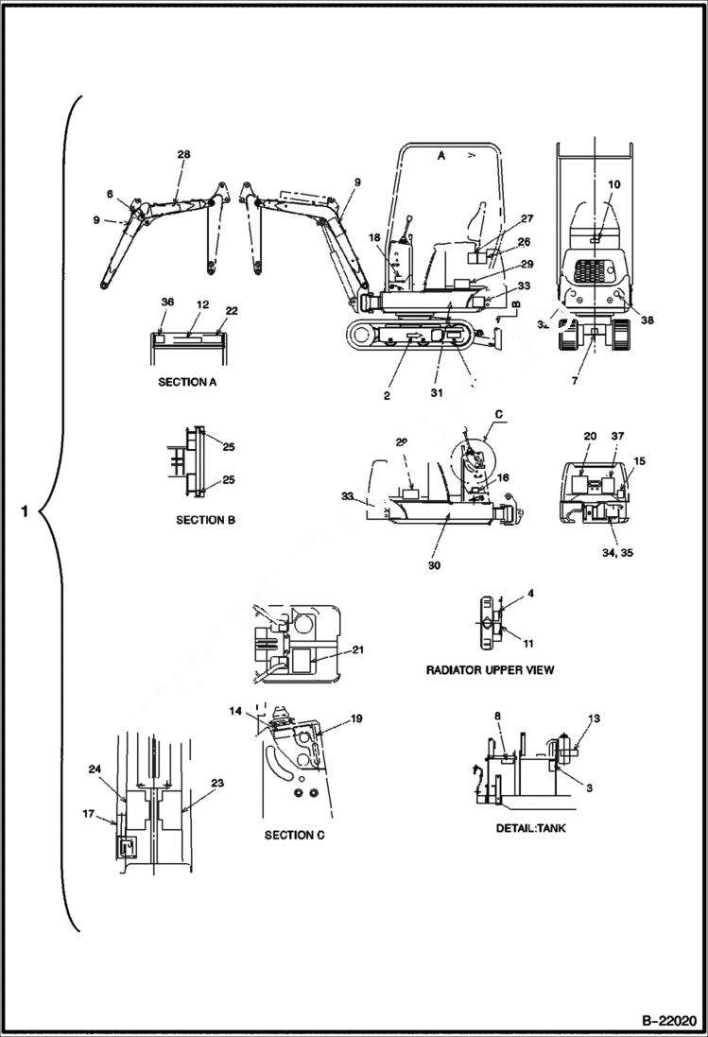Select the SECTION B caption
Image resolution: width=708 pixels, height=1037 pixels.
206,520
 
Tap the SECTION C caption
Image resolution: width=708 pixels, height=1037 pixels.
295,835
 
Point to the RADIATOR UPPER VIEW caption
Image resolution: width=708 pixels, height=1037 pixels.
490,669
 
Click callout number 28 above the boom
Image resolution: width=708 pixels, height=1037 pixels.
183,154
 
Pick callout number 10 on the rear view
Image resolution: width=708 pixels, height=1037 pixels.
614,184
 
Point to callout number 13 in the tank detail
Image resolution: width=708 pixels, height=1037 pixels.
593,719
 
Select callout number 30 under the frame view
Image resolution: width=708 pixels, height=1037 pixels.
434,565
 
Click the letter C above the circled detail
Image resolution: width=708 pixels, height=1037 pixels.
498,413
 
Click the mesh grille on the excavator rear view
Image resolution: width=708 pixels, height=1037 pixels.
596,269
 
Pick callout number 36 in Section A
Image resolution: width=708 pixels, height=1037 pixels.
167,302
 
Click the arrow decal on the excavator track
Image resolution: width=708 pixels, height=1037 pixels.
412,336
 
